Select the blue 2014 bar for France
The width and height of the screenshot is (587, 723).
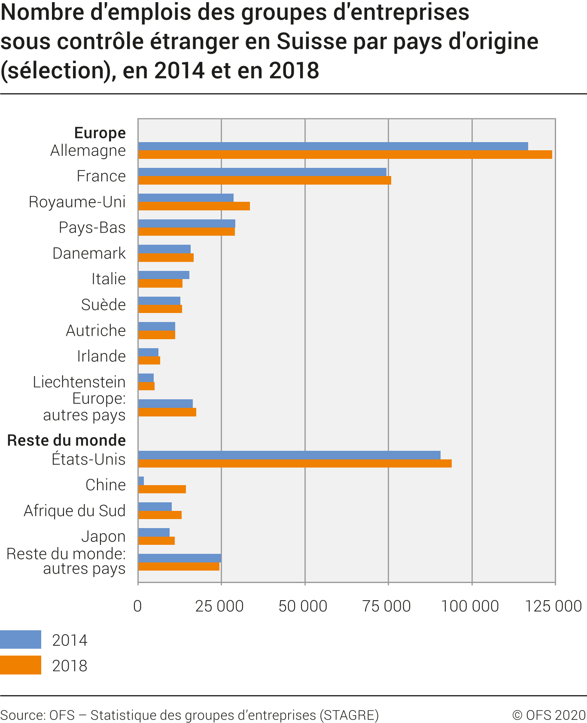[262, 172]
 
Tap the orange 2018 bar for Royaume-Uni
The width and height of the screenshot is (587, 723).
[194, 206]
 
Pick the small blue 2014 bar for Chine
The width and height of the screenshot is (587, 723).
[141, 480]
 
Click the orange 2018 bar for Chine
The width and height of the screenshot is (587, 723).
[162, 489]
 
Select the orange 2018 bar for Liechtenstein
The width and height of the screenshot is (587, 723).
[146, 386]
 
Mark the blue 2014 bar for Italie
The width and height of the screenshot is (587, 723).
[164, 275]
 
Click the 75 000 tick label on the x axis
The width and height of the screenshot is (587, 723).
[386, 606]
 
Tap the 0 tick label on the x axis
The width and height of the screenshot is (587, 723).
[137, 606]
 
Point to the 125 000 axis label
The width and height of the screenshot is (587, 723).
[554, 606]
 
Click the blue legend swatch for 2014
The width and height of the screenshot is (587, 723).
[21, 639]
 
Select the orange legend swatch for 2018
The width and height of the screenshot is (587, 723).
[21, 665]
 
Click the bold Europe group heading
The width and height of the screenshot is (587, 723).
[100, 133]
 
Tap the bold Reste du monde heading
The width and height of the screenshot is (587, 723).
[67, 440]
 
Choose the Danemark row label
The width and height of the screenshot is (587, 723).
[89, 253]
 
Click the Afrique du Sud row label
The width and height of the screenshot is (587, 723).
[75, 510]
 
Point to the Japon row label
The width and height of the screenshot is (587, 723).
[103, 536]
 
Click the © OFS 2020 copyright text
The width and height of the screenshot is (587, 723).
[549, 715]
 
